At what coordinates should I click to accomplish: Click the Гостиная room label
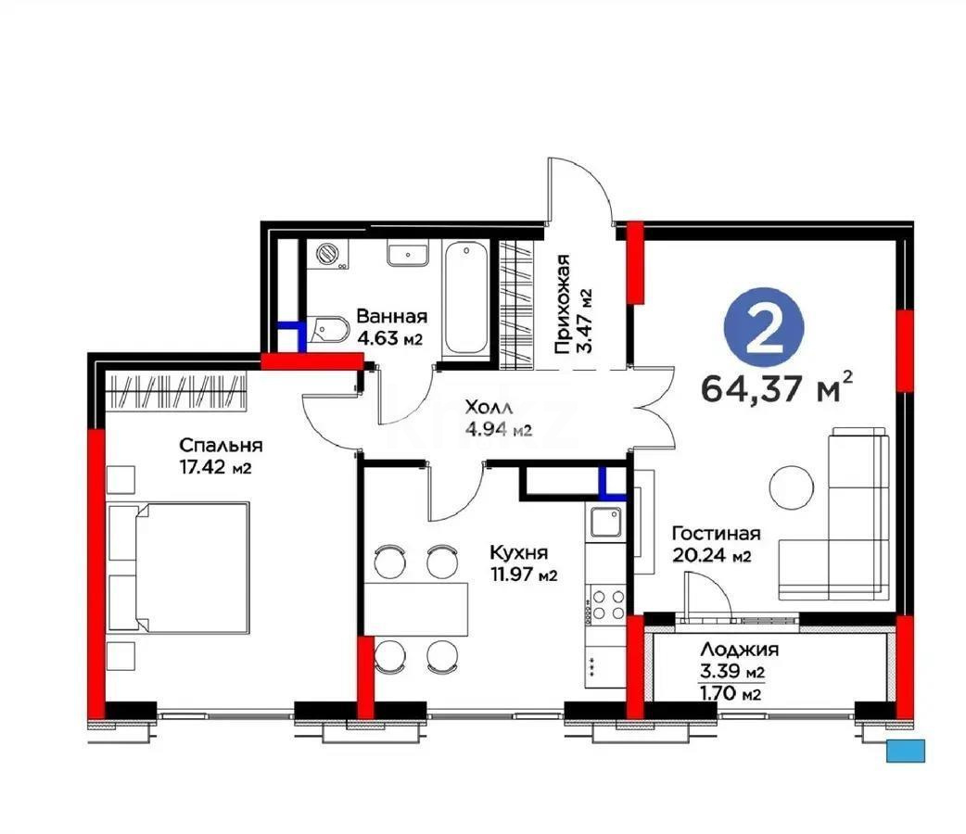(716, 534)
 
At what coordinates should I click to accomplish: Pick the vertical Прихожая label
(562, 306)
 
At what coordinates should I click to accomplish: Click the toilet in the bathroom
(330, 330)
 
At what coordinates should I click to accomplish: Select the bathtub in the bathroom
(464, 298)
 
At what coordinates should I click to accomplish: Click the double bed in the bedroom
(180, 567)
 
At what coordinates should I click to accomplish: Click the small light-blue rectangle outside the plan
(906, 751)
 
